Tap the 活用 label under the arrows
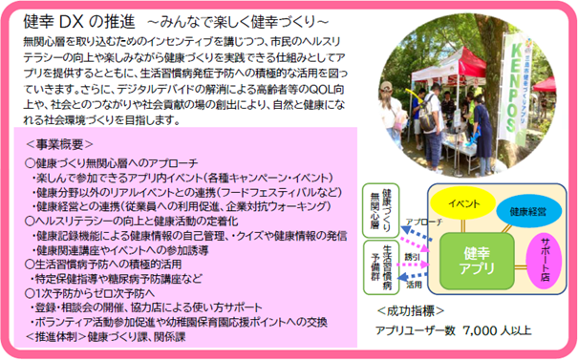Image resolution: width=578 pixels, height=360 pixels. tap(413, 284)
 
